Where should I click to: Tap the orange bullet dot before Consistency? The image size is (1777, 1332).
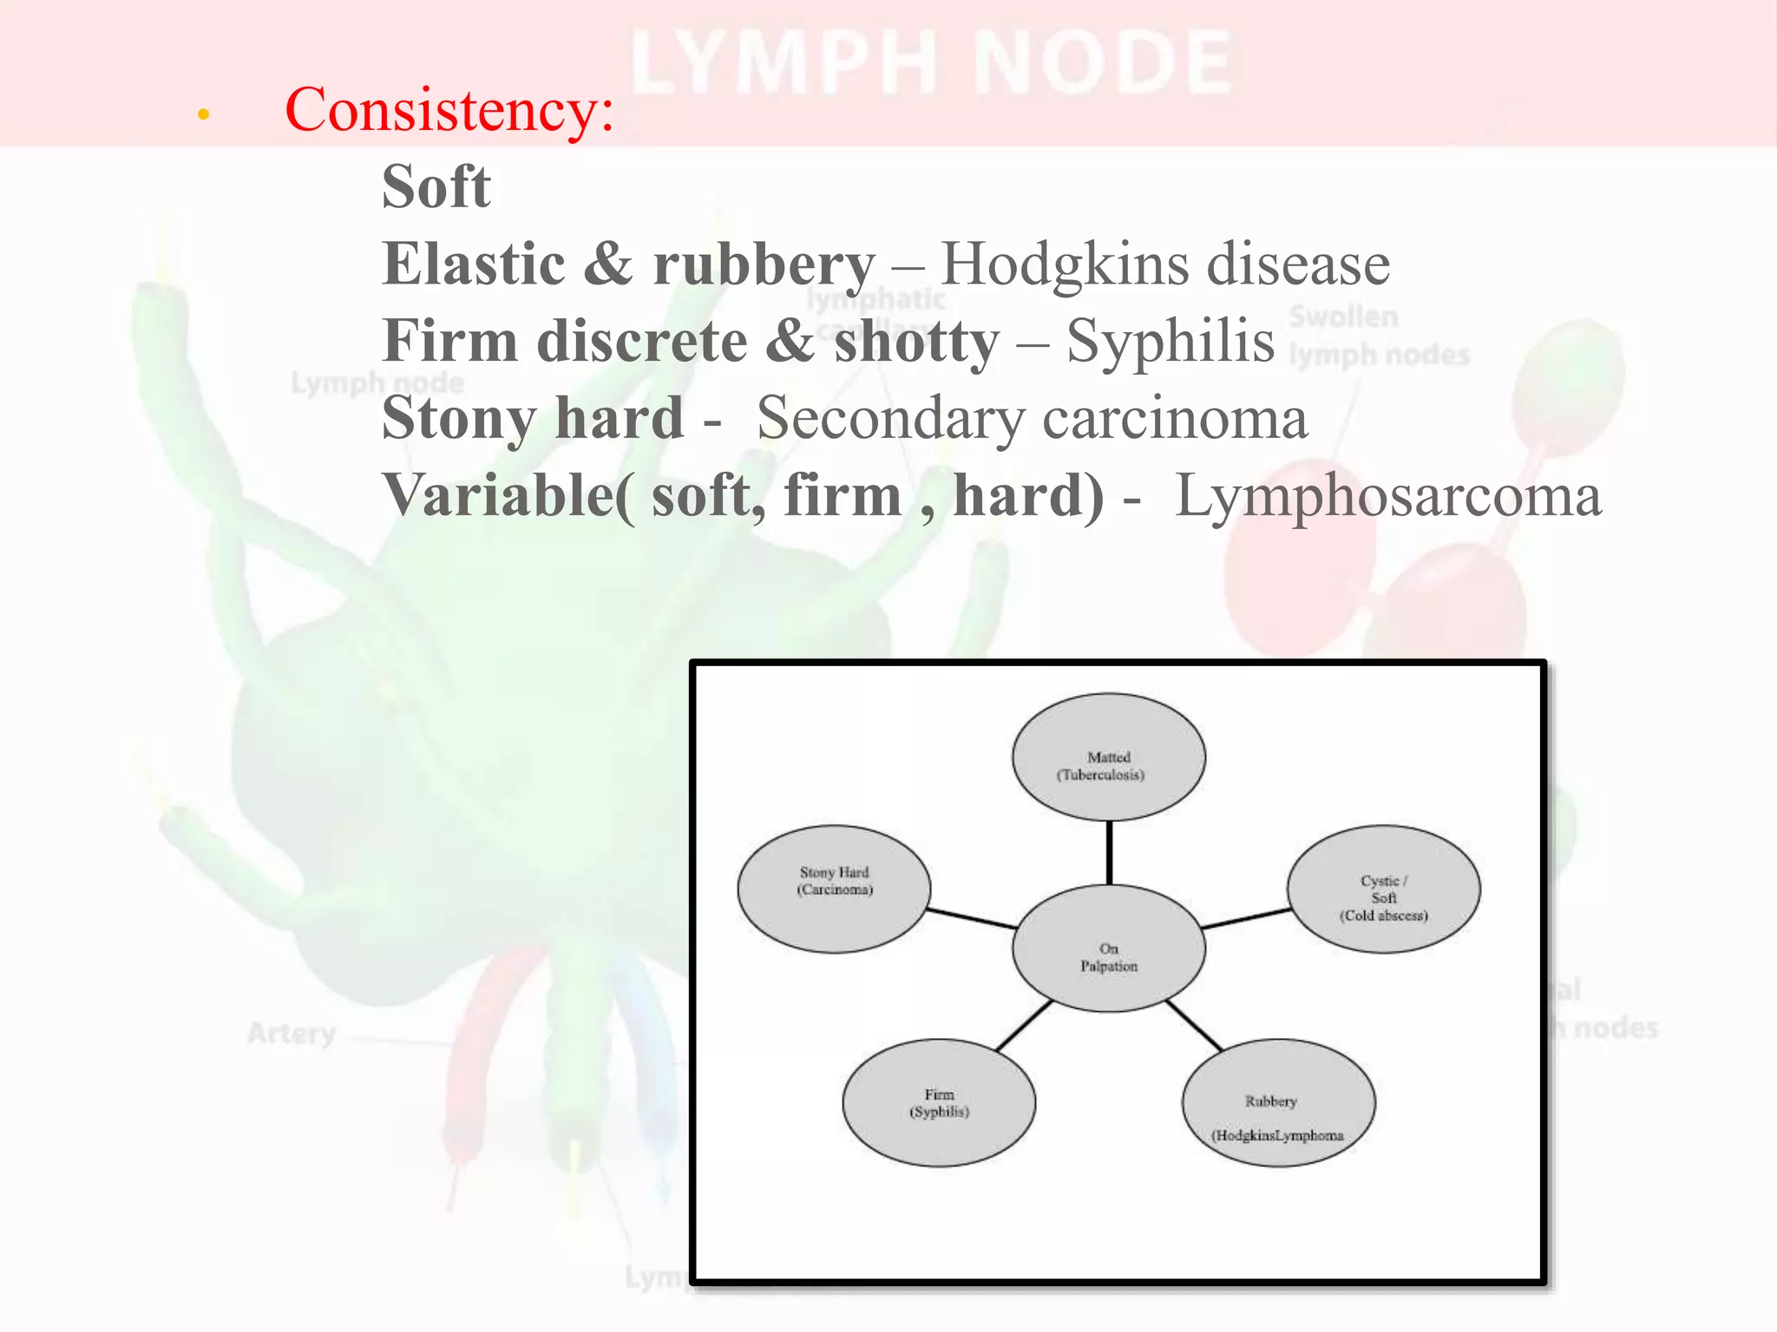click(204, 114)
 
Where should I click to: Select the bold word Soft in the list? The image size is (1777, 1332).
click(436, 186)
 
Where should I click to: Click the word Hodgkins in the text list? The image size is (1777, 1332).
click(1066, 264)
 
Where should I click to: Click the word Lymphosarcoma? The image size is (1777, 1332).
click(1387, 496)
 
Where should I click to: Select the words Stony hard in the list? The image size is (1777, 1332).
click(533, 419)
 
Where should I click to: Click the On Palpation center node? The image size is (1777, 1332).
click(1108, 950)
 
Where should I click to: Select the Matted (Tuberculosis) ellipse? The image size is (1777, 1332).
click(1108, 756)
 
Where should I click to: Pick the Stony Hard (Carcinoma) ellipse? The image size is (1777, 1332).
click(834, 889)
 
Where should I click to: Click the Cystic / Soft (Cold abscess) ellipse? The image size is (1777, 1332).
click(1383, 889)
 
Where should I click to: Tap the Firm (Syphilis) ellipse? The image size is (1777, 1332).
click(939, 1103)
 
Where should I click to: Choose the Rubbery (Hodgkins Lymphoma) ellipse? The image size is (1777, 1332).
click(1278, 1103)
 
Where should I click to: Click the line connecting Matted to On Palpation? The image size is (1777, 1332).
click(1109, 852)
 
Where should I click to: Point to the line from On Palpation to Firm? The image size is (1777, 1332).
click(1024, 1026)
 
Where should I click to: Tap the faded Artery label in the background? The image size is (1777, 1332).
click(292, 1034)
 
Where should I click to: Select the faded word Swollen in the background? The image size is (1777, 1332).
click(1343, 317)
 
